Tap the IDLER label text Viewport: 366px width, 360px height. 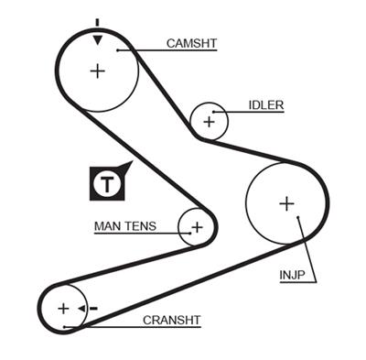[x=265, y=105]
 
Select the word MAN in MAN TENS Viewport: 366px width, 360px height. [x=107, y=225]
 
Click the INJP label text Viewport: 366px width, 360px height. [x=292, y=274]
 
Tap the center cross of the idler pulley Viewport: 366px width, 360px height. [x=209, y=120]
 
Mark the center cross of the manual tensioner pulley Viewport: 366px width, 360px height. [x=195, y=225]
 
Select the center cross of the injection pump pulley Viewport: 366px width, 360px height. [x=286, y=203]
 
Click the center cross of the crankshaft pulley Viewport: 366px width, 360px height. [x=62, y=308]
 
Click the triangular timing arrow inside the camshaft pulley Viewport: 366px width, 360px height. [x=97, y=38]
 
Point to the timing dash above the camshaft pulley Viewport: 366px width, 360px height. [x=97, y=21]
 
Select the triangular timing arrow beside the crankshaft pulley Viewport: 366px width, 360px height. [x=82, y=309]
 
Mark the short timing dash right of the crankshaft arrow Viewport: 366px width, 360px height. [x=95, y=309]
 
